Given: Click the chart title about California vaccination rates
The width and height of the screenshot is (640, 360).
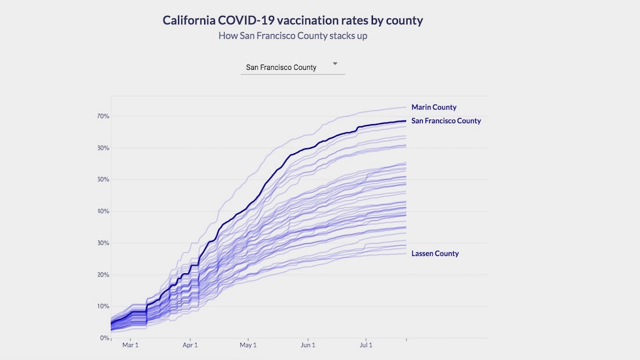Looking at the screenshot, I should tap(292, 21).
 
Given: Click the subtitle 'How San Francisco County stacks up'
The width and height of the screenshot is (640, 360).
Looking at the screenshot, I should tap(293, 36).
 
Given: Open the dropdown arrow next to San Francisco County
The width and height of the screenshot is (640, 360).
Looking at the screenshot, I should tap(335, 63).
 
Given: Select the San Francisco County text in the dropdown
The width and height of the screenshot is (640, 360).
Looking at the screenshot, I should tap(281, 67).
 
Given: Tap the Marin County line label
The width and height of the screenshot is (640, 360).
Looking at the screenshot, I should tap(434, 107).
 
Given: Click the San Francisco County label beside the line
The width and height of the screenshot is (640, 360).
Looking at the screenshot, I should tap(446, 121).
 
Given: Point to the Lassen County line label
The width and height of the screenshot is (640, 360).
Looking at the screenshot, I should tap(435, 253).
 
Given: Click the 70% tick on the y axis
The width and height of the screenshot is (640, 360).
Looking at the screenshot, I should tap(103, 116).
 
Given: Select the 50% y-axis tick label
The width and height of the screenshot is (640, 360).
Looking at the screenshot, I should tap(103, 180).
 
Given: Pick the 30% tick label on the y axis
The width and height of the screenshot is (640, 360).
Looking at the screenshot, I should tap(103, 243).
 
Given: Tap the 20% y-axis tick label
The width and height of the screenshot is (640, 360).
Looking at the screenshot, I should tap(103, 275).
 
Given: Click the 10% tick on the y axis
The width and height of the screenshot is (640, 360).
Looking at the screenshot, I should tap(103, 306).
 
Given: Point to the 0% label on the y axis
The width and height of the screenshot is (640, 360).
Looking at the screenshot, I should tap(105, 338).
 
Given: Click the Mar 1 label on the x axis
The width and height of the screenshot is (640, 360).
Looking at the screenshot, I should tap(131, 345).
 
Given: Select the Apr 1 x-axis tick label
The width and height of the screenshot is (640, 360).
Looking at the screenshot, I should tap(190, 345).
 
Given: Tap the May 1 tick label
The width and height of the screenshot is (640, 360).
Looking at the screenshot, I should tap(248, 345).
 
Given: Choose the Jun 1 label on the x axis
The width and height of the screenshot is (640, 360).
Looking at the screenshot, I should tap(308, 345).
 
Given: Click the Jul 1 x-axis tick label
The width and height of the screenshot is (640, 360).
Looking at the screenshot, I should tap(366, 345).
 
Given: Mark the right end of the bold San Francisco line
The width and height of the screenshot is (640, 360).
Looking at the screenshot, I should tap(406, 121).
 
